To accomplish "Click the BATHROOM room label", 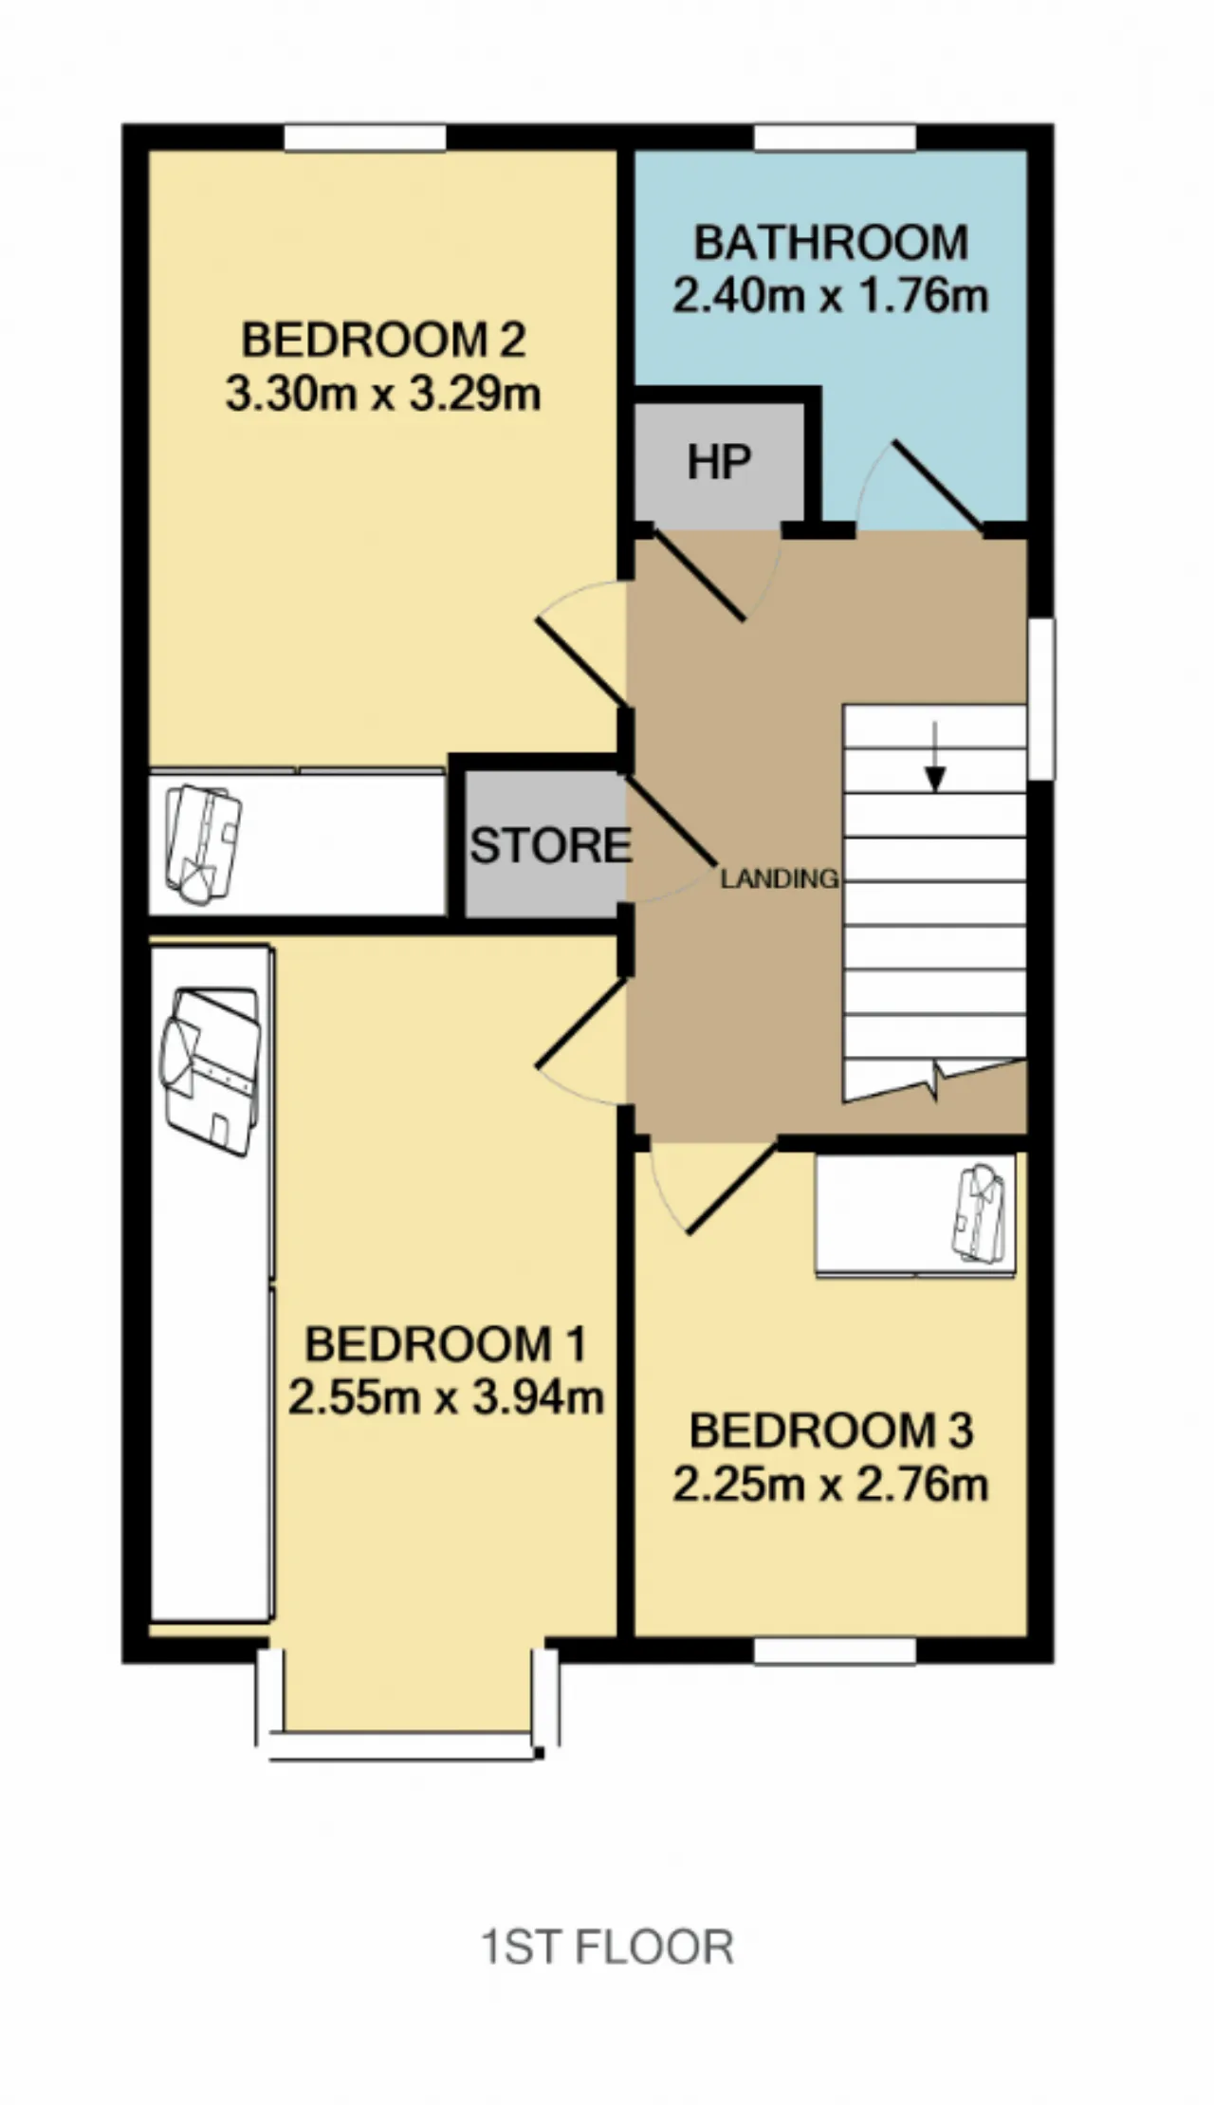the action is tap(831, 243).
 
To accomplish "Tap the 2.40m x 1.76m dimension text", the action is tap(831, 296).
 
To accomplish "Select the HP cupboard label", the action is tap(719, 463).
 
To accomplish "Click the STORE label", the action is tap(550, 845).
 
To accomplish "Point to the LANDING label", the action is tap(779, 878).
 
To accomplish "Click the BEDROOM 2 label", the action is tap(383, 340).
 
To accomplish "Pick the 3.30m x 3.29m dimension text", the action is tap(383, 393).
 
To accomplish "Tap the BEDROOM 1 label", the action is tap(446, 1344).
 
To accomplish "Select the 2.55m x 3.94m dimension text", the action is tap(446, 1397).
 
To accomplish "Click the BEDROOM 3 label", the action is tap(831, 1431).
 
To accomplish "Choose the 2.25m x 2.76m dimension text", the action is tap(831, 1484).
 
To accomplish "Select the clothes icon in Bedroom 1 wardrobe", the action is tap(211, 1072).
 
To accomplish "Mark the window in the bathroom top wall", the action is tap(836, 137).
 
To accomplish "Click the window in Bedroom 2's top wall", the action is tap(365, 137).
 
